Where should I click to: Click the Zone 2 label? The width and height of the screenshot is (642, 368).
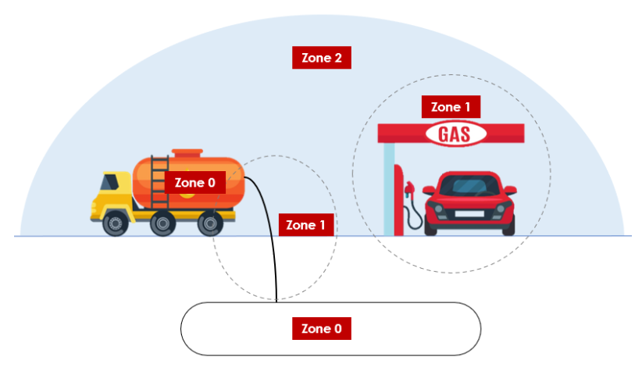321,58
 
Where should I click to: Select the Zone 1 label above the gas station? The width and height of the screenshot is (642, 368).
451,107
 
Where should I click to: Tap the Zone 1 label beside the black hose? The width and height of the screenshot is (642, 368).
306,225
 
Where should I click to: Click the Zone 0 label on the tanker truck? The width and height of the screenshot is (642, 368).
194,183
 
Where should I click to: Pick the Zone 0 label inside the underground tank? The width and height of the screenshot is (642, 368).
321,328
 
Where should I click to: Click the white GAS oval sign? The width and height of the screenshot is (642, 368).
456,134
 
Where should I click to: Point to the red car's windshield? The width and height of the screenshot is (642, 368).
469,188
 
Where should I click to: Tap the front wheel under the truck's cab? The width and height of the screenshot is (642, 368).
116,224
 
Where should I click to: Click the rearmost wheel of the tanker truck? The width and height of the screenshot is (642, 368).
209,224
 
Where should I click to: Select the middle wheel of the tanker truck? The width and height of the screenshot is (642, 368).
162,224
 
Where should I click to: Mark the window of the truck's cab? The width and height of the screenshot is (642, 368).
109,182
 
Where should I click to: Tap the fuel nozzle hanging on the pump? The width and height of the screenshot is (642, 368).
408,189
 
